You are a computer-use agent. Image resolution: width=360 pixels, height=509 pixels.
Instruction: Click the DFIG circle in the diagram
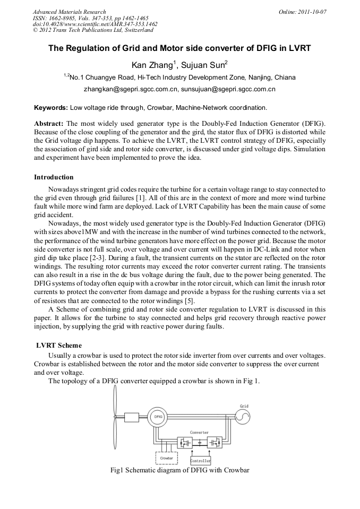[158, 417]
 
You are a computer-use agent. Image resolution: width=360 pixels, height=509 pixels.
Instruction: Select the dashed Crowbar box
[167, 457]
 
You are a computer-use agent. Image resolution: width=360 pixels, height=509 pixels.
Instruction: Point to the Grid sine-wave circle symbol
[244, 418]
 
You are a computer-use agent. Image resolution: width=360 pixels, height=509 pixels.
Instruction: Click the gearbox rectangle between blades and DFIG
[131, 417]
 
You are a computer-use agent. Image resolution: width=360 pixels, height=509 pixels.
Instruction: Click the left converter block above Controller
[184, 442]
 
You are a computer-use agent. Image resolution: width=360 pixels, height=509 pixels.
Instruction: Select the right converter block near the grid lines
[215, 442]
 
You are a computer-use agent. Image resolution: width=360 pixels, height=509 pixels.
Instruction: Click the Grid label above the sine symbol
[244, 406]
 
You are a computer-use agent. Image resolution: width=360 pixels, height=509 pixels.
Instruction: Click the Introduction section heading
[54, 177]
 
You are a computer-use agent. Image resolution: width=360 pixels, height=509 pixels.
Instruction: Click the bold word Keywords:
[51, 108]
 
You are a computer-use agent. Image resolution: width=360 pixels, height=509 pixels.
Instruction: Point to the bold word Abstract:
[49, 123]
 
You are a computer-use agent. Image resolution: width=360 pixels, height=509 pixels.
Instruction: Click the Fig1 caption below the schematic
[179, 470]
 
